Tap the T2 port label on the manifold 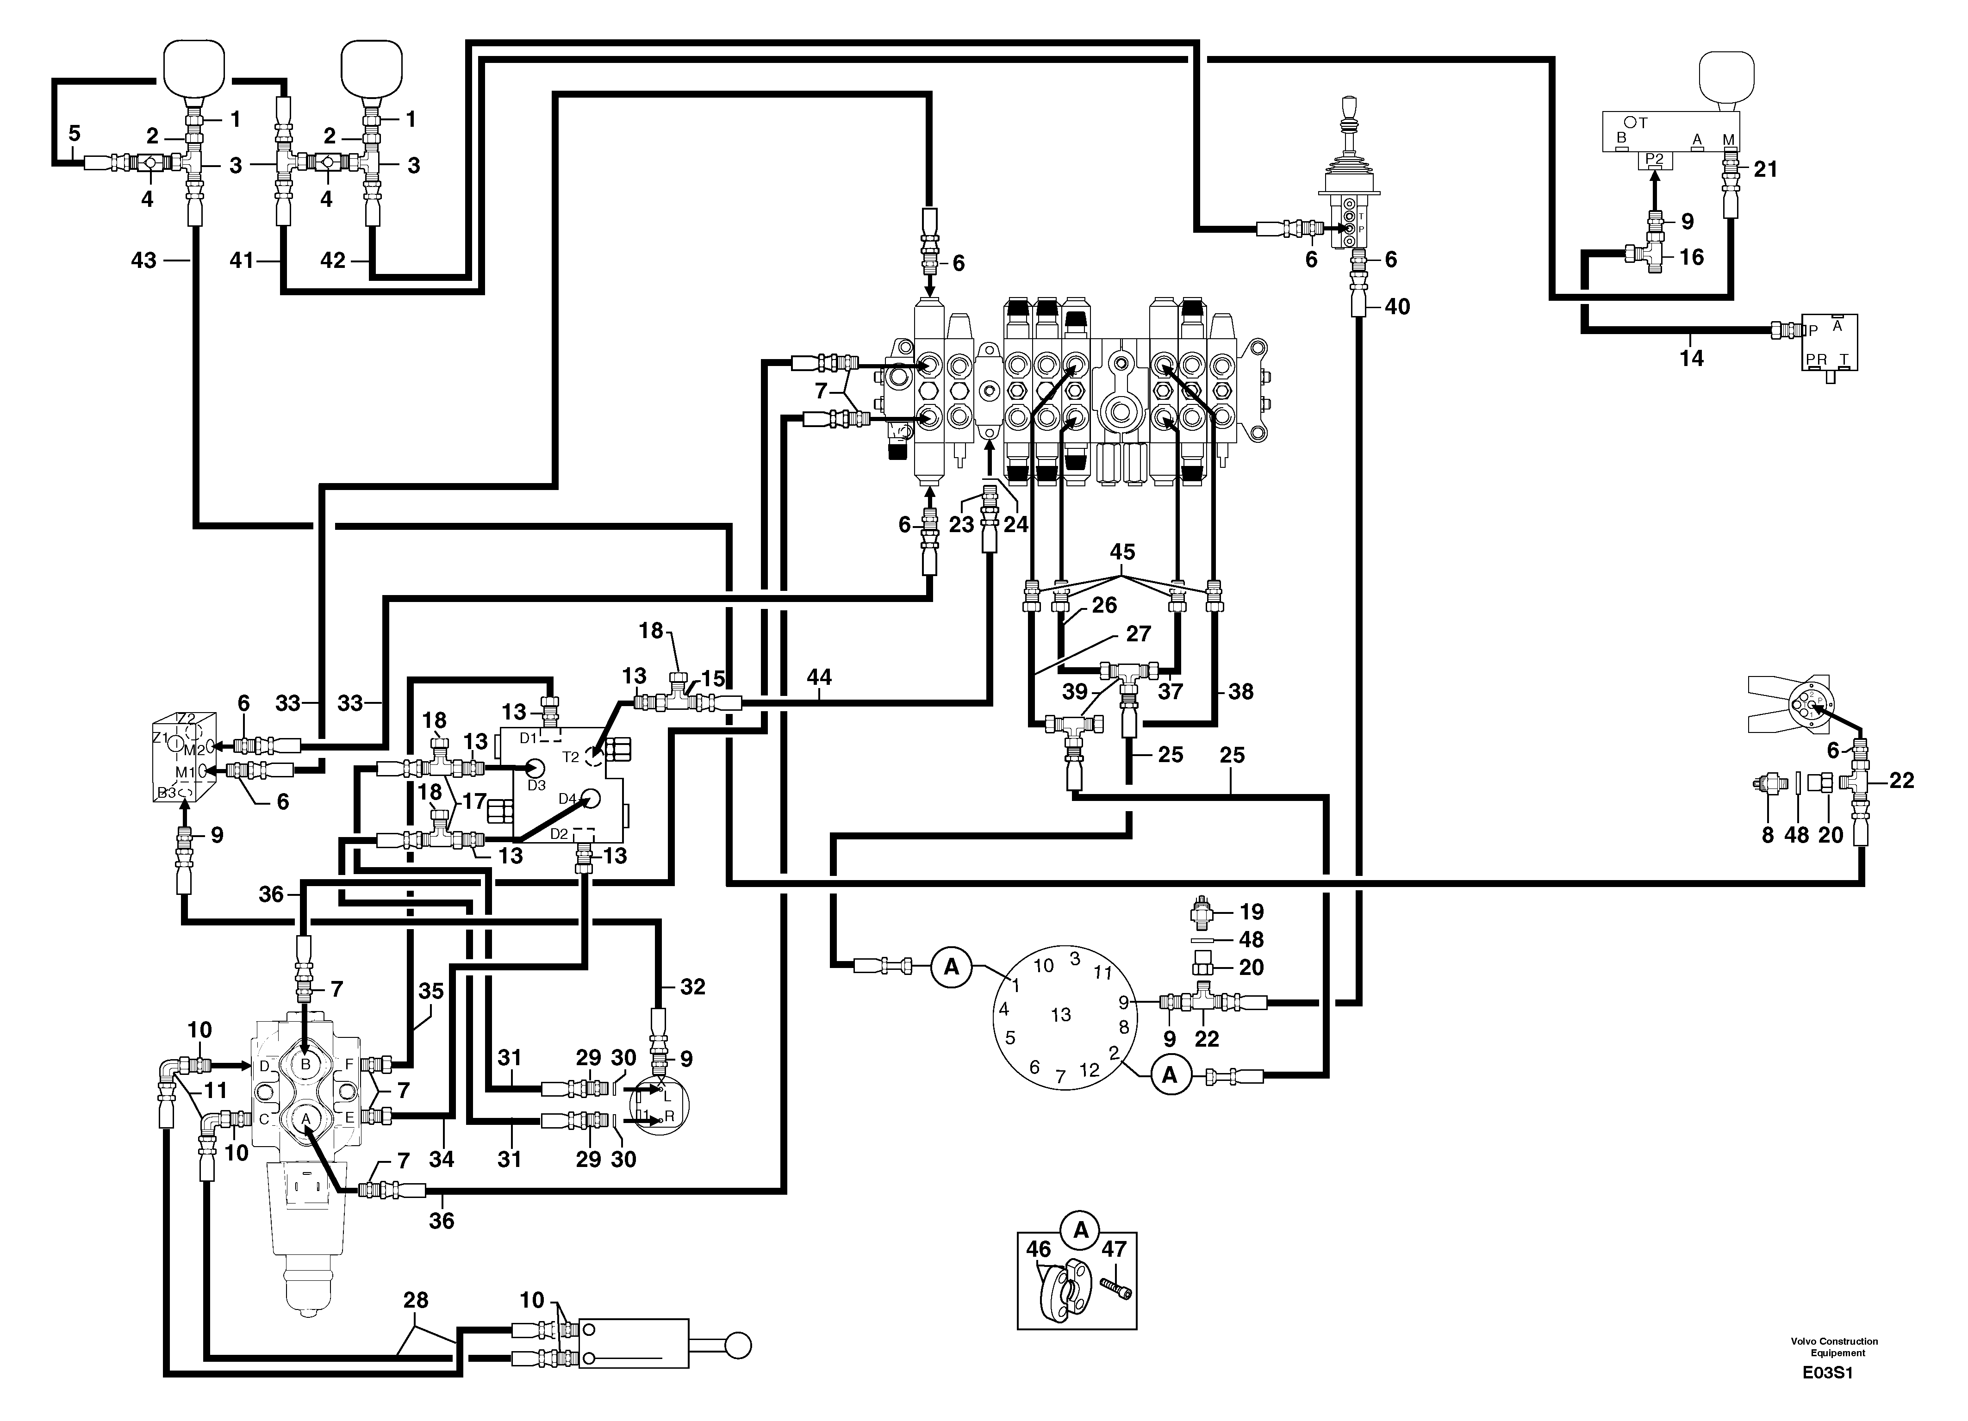570,757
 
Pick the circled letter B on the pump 305,1064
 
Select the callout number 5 75,134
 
